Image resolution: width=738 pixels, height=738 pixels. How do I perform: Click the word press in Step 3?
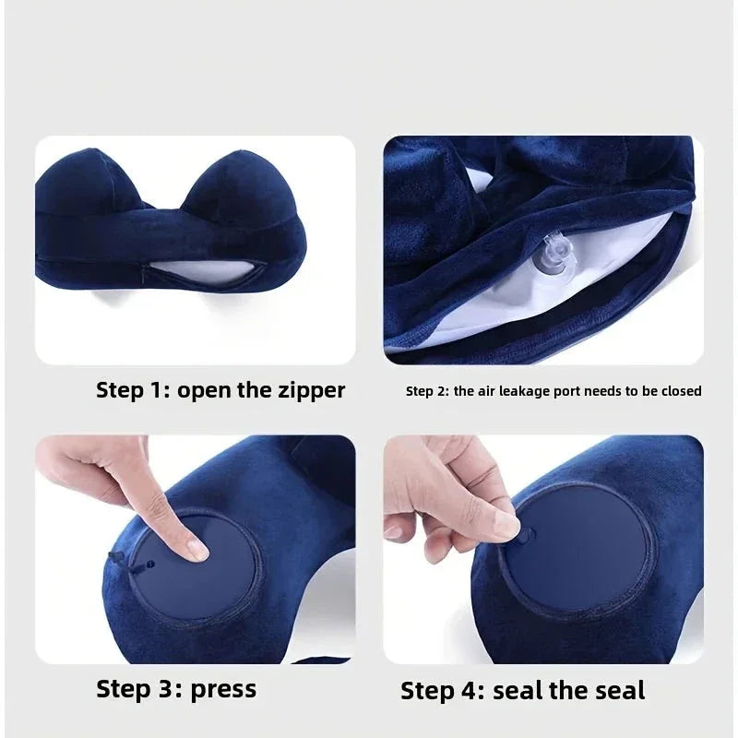click(x=221, y=688)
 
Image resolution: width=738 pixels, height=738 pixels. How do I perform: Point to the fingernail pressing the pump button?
click(x=196, y=550)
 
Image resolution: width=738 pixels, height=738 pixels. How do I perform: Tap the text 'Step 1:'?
click(x=132, y=390)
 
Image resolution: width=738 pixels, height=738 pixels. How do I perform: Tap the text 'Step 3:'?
click(x=137, y=688)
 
